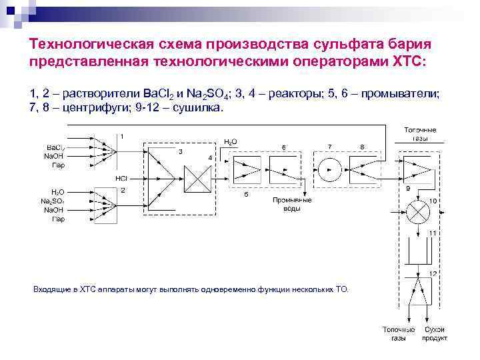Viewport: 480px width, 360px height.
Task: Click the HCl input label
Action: [121, 179]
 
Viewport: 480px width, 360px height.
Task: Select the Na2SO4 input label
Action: [53, 201]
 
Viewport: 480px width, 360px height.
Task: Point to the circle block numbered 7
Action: [329, 170]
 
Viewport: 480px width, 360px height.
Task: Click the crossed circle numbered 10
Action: [418, 213]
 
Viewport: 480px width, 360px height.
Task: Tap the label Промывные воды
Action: [291, 204]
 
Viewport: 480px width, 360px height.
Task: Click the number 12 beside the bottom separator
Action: [433, 274]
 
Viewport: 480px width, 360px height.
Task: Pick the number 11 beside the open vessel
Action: [433, 233]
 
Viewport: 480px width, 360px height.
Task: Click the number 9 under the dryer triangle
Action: [407, 189]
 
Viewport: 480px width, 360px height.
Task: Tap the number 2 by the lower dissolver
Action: [123, 190]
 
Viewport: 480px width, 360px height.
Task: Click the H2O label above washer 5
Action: [230, 142]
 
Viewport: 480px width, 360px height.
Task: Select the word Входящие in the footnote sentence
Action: [53, 289]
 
